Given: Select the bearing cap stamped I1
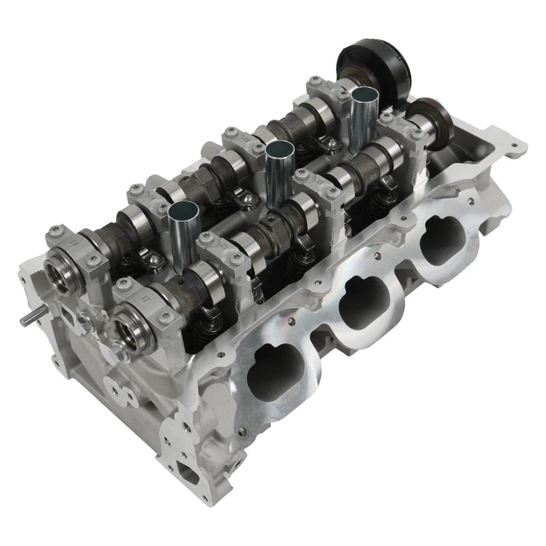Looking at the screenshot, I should (139, 301).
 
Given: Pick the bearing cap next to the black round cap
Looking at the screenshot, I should (321, 92).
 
